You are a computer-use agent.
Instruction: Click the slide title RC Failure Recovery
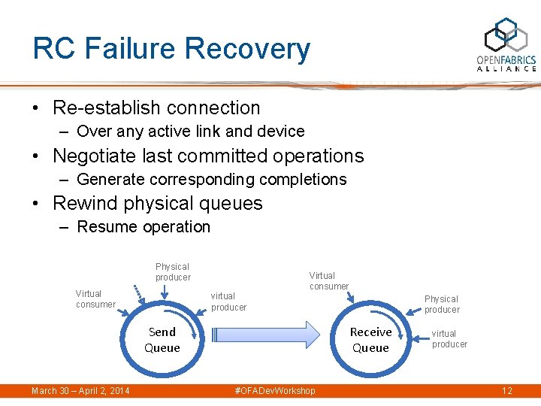tap(171, 49)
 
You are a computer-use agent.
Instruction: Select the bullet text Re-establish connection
tap(156, 108)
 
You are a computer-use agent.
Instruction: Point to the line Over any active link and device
tap(190, 132)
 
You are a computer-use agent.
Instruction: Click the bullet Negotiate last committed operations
tap(208, 156)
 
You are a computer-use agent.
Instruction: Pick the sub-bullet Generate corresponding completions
tap(211, 180)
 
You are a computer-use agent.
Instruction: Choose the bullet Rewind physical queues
tap(157, 203)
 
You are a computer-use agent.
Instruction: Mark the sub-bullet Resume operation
tap(144, 227)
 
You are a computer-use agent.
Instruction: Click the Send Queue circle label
tap(162, 340)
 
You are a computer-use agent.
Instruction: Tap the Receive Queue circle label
tap(370, 340)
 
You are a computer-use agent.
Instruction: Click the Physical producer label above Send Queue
tap(173, 272)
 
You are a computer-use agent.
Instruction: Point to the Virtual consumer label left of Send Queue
tap(95, 299)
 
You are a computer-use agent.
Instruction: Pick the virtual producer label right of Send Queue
tap(228, 301)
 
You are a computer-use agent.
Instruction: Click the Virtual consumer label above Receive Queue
tap(329, 281)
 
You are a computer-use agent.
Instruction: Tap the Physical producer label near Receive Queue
tap(442, 304)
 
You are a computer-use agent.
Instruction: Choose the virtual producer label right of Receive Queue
tap(449, 339)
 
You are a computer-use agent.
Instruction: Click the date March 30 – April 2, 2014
tap(80, 391)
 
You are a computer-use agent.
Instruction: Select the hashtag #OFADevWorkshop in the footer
tap(275, 391)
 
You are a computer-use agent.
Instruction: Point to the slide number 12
tap(507, 391)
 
